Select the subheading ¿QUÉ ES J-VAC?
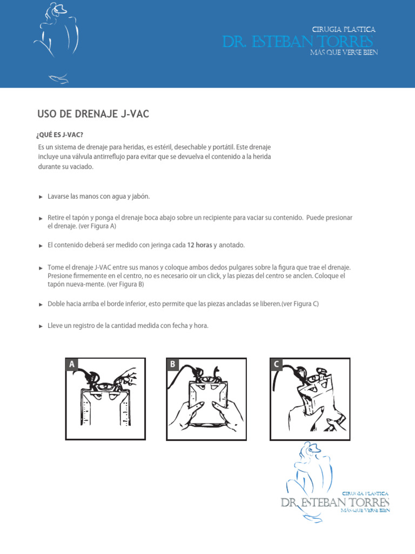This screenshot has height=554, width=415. [x=60, y=135]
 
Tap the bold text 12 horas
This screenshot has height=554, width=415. [x=199, y=245]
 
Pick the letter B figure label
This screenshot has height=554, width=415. [x=172, y=365]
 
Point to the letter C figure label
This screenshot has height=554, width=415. [x=276, y=365]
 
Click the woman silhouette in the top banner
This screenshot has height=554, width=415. [x=57, y=41]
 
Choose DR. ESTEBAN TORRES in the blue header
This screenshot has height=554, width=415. [x=298, y=42]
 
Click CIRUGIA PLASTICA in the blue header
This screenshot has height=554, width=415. [x=344, y=30]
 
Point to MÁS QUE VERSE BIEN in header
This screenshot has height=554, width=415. [x=344, y=52]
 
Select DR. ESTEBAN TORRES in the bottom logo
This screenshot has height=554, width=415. [x=335, y=503]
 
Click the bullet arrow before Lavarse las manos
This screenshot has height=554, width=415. [x=41, y=197]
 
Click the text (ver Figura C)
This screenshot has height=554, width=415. [x=300, y=304]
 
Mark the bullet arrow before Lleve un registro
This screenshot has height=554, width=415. [x=41, y=326]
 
